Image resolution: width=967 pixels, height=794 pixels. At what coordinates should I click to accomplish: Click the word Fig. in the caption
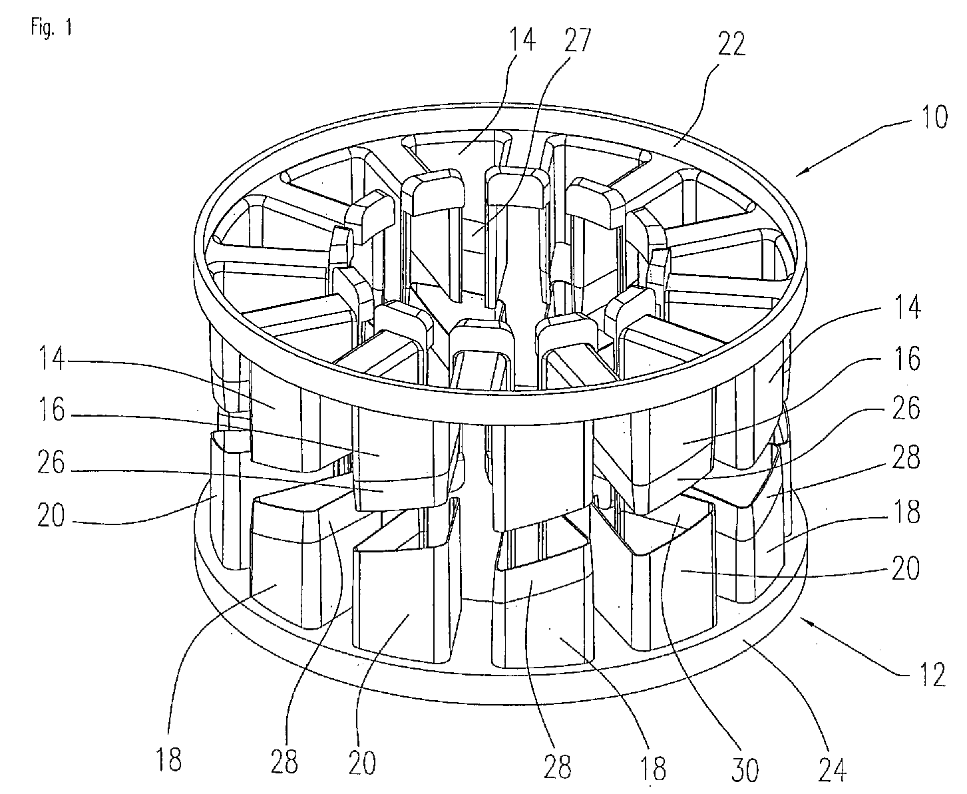click(x=42, y=27)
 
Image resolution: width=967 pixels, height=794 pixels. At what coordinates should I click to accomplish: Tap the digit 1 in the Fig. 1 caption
click(x=68, y=27)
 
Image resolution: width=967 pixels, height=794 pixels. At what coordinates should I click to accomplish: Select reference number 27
click(x=577, y=40)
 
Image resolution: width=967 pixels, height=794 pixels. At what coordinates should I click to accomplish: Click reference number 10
click(x=934, y=116)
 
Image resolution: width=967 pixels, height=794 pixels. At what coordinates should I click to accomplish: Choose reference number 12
click(x=932, y=675)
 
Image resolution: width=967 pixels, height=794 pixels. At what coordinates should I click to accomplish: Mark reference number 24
click(x=832, y=769)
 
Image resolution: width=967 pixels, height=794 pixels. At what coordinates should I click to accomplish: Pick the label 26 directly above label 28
click(x=906, y=407)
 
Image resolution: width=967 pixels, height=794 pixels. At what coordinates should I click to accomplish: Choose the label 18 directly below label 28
click(x=906, y=512)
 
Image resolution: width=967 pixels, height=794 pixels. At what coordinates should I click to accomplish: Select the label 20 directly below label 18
click(x=906, y=568)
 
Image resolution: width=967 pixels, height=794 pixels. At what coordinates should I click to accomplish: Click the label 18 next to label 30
click(x=652, y=769)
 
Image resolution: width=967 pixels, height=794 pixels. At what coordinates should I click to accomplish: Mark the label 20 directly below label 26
click(x=51, y=515)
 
